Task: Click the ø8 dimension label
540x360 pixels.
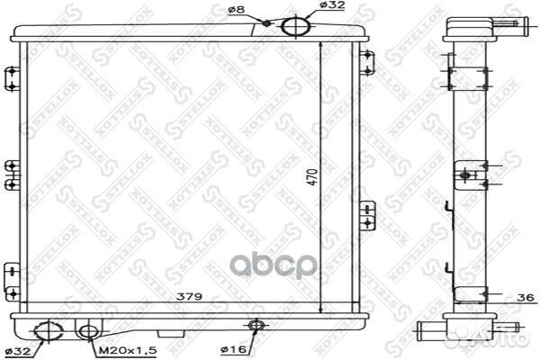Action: [237, 10]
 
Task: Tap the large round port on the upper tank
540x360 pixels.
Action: [294, 26]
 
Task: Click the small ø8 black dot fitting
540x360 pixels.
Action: [268, 22]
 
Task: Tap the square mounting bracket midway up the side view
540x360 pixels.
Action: [467, 175]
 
